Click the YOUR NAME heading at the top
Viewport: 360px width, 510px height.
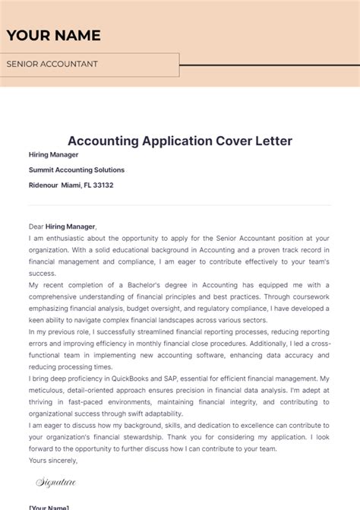53,36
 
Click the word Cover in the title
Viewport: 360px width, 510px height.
208,141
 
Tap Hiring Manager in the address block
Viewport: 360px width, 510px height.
54,155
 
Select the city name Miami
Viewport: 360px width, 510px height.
71,185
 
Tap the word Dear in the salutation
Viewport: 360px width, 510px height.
37,226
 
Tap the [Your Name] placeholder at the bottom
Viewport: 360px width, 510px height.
49,507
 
